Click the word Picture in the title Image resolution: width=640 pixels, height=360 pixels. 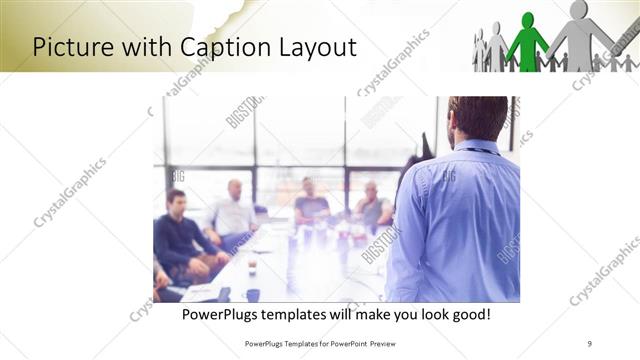pyautogui.click(x=71, y=46)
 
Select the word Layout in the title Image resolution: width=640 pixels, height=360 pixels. pyautogui.click(x=313, y=46)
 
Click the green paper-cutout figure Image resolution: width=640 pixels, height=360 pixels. pyautogui.click(x=527, y=42)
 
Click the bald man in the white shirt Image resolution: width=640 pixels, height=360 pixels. pyautogui.click(x=233, y=211)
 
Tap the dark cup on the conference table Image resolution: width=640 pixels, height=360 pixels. pyautogui.click(x=252, y=293)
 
